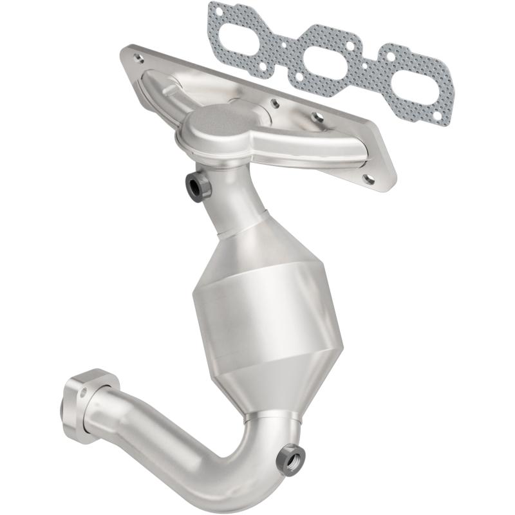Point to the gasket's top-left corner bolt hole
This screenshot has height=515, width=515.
click(220, 11)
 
